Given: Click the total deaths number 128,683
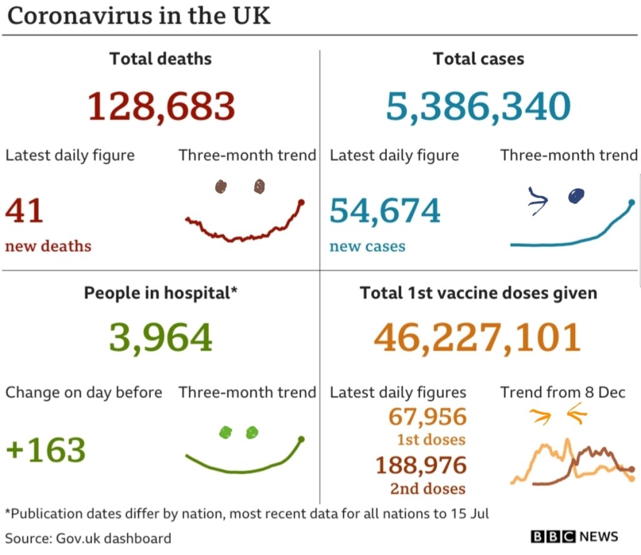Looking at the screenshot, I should [161, 106].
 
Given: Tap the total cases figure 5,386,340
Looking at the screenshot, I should [478, 106].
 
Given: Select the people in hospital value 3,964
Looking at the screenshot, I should [161, 338].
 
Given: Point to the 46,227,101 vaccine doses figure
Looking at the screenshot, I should [477, 338].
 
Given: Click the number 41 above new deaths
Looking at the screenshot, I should [24, 211].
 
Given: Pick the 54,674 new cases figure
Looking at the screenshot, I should [385, 211].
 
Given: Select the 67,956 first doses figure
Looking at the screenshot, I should [428, 417].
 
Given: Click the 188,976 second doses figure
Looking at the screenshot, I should [421, 465].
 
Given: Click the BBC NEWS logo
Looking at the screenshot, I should [574, 537].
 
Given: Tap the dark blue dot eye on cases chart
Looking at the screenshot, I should [575, 197].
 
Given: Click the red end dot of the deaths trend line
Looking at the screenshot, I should [301, 202].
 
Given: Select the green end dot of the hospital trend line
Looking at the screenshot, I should [301, 440].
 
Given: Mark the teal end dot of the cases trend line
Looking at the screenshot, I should [632, 202].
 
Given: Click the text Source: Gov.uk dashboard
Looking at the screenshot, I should [88, 537].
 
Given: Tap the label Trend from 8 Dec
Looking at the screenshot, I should [563, 393].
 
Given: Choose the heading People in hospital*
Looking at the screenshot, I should [161, 293].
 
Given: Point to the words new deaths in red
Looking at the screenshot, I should [48, 246].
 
